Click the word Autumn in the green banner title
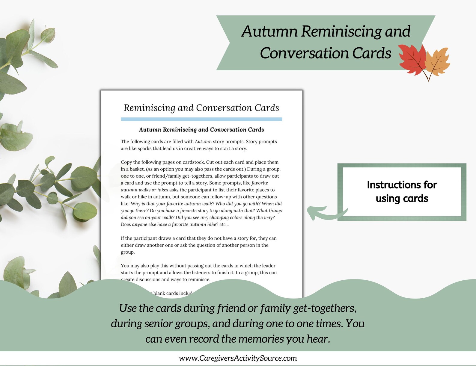click(x=269, y=31)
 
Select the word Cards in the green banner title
click(x=372, y=53)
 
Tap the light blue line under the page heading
click(x=201, y=119)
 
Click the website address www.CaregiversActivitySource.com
click(x=238, y=358)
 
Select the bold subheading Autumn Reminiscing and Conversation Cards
click(x=201, y=130)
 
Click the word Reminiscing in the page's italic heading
click(x=149, y=108)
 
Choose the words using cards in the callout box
click(x=402, y=199)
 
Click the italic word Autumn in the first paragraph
click(x=203, y=142)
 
